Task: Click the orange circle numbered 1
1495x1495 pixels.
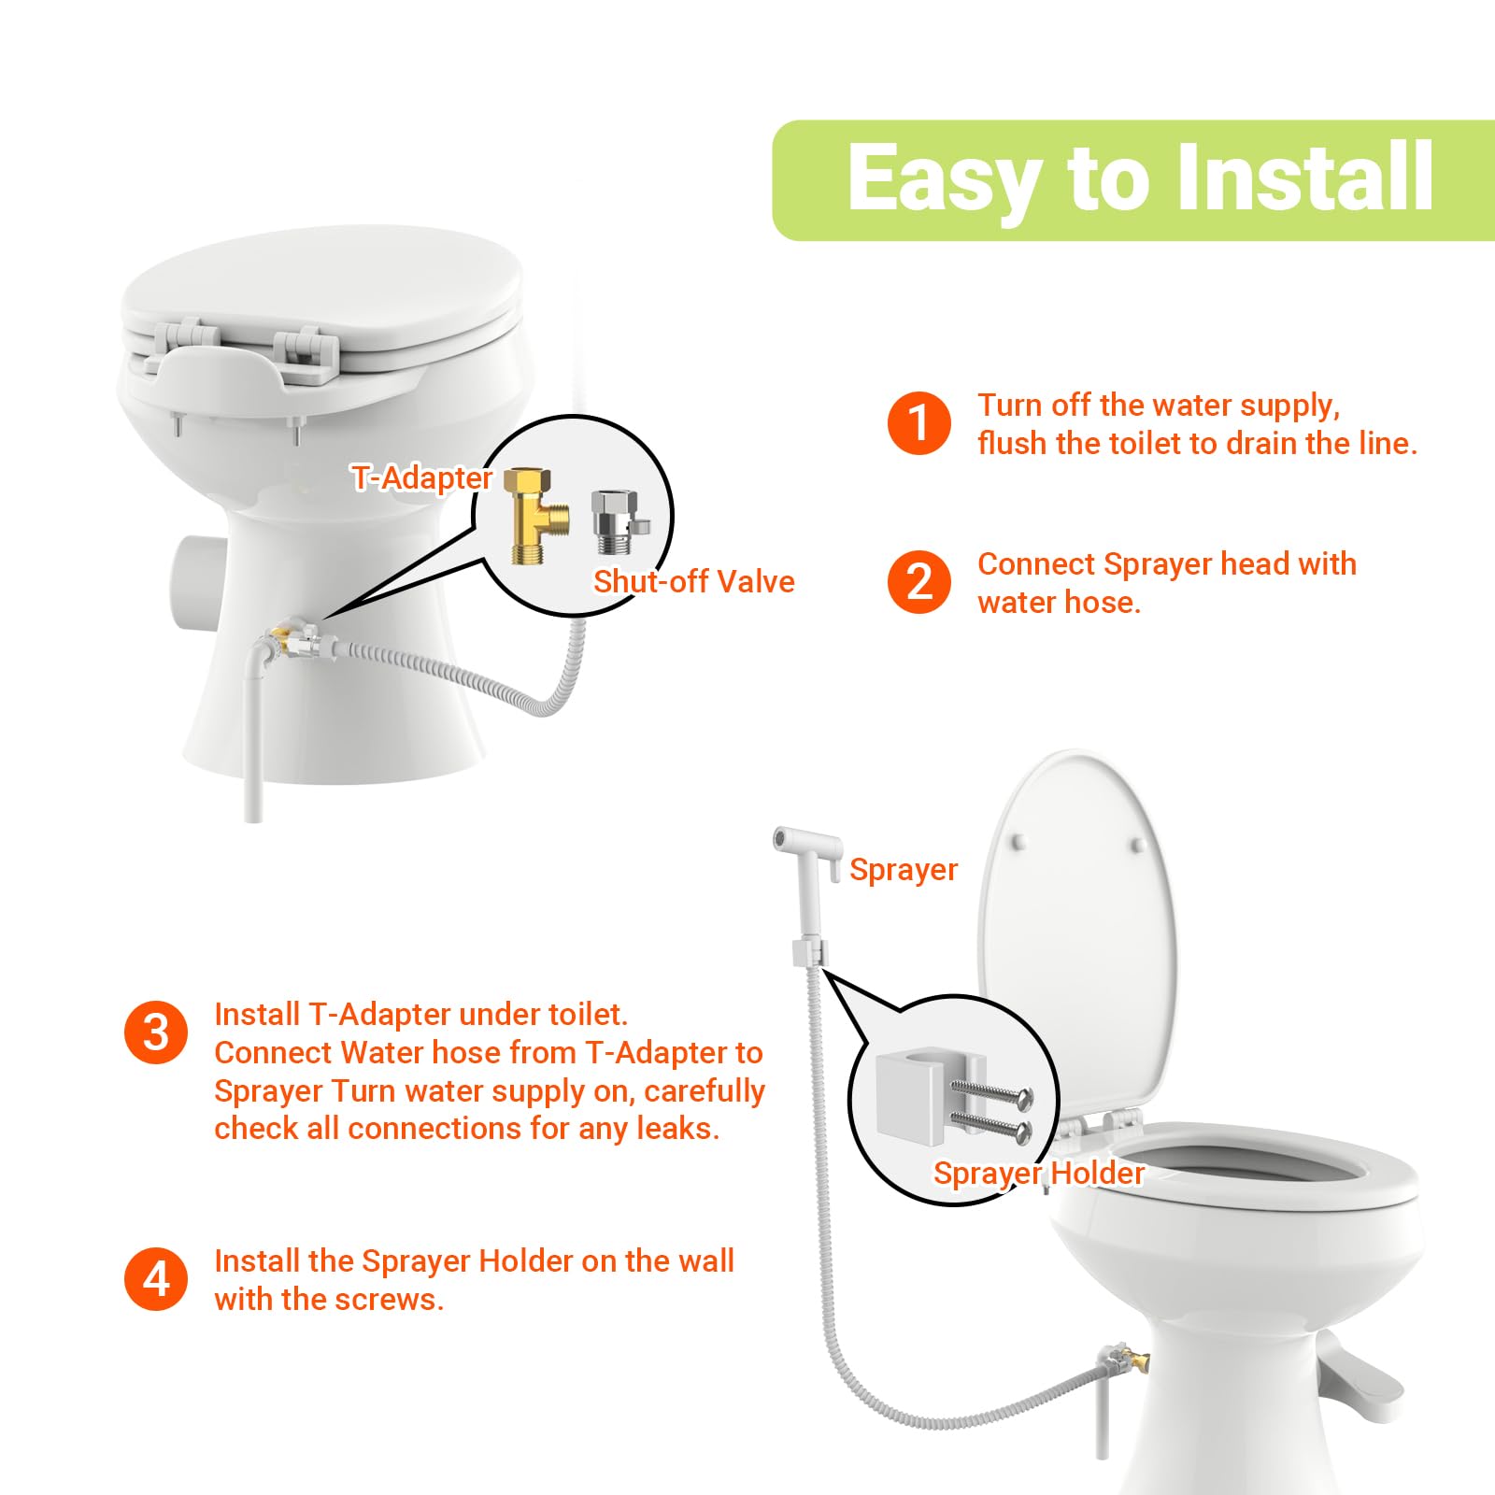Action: (x=918, y=423)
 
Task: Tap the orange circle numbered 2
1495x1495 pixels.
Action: (x=918, y=582)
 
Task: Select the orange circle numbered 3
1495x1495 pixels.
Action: (x=156, y=1032)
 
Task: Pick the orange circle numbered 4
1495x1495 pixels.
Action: (x=156, y=1279)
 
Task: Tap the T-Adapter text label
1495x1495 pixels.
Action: (x=422, y=477)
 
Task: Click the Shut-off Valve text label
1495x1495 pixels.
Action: (x=693, y=581)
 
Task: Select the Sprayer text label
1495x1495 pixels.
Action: (x=903, y=870)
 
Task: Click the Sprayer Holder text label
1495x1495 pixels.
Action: (x=1038, y=1173)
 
